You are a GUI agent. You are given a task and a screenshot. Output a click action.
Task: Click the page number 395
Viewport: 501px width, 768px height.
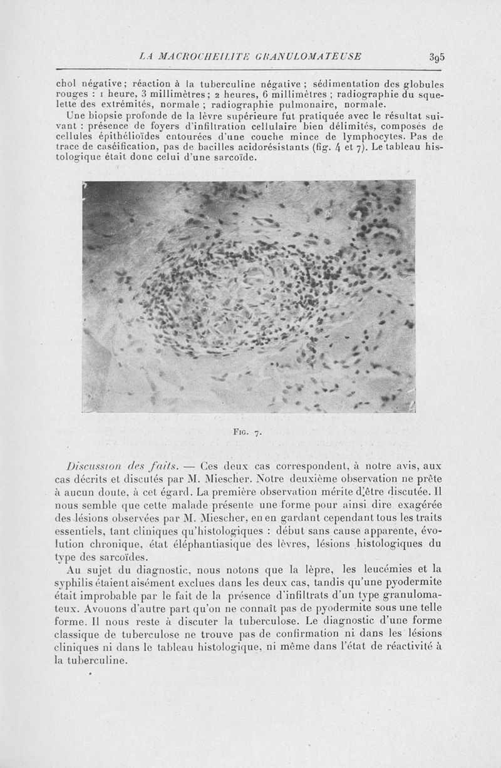[x=436, y=57]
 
